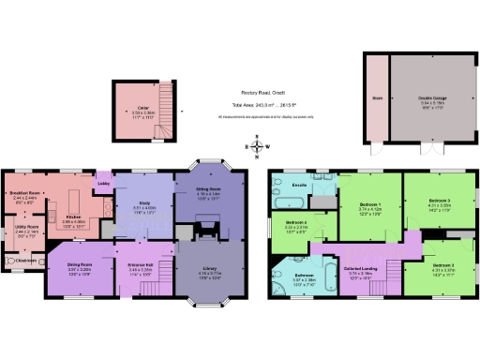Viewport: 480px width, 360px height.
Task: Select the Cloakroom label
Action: [25, 262]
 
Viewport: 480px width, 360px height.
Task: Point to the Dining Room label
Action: [79, 264]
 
